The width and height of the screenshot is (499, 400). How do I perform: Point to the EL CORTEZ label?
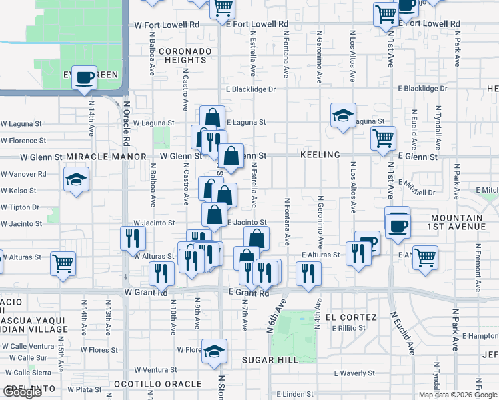(352, 317)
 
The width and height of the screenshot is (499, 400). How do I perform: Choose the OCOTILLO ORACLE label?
(157, 384)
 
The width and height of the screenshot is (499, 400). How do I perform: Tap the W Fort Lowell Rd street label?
(167, 25)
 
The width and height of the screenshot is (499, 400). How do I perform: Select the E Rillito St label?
(350, 328)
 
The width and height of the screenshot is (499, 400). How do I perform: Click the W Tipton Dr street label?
(20, 207)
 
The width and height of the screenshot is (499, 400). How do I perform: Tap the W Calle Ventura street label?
(27, 346)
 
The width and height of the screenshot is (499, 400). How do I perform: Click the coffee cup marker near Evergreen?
(85, 78)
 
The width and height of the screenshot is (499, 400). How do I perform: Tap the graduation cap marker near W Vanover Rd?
(76, 179)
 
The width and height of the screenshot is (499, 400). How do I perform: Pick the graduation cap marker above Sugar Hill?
(214, 351)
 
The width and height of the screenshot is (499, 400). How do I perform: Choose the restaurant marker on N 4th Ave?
(308, 273)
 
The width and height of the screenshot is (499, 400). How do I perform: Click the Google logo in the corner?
(22, 392)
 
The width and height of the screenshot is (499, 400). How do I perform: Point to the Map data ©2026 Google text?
(457, 395)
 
